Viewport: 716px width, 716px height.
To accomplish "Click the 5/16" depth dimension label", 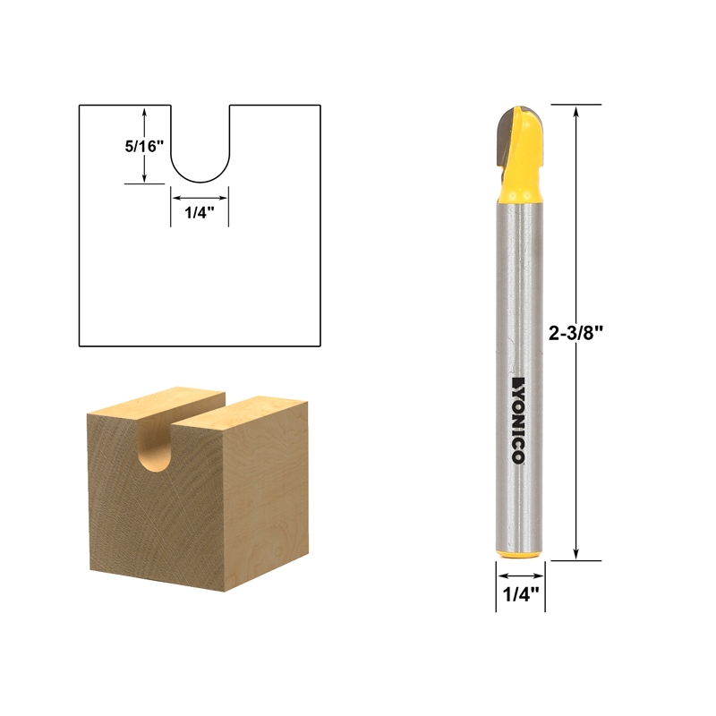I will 143,146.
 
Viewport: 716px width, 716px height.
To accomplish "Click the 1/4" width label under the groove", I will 200,213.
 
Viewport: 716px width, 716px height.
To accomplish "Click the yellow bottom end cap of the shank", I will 519,555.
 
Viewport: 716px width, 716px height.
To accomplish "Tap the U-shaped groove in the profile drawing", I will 200,152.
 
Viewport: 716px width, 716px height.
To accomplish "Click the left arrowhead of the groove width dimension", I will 175,198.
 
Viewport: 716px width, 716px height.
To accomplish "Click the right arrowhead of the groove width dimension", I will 225,198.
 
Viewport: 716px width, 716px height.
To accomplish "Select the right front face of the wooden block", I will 255,501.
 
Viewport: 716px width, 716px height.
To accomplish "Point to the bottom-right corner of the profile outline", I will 320,345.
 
